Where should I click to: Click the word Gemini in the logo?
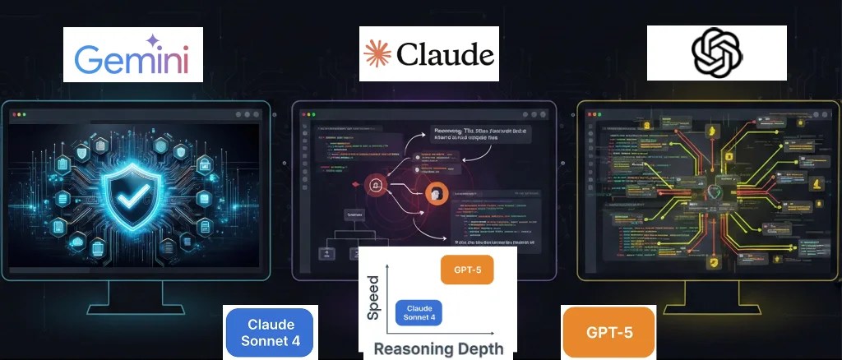point(132,59)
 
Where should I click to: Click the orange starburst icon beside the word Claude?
point(377,54)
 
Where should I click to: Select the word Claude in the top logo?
point(445,55)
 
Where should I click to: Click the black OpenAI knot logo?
point(716,53)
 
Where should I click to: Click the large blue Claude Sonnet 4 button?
point(269,333)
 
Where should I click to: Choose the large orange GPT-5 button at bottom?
point(609,333)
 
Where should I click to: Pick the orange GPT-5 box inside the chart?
point(467,270)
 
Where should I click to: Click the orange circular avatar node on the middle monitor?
point(435,194)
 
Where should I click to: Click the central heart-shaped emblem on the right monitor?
point(714,192)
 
